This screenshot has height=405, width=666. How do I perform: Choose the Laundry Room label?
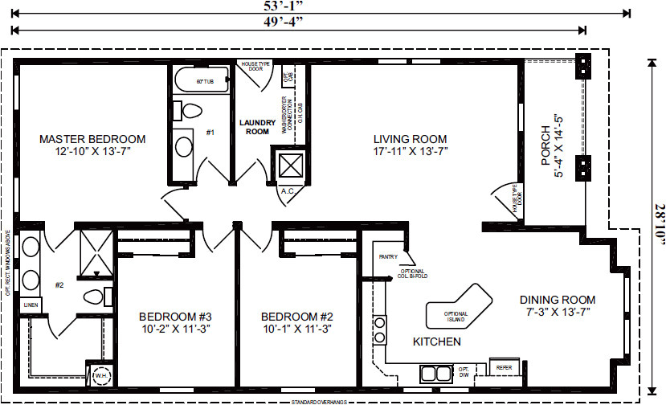[x=256, y=127]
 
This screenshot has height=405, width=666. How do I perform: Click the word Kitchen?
[x=436, y=342]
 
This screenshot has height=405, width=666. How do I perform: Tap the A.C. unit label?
[x=287, y=191]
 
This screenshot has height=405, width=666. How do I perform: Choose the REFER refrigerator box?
[x=503, y=368]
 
